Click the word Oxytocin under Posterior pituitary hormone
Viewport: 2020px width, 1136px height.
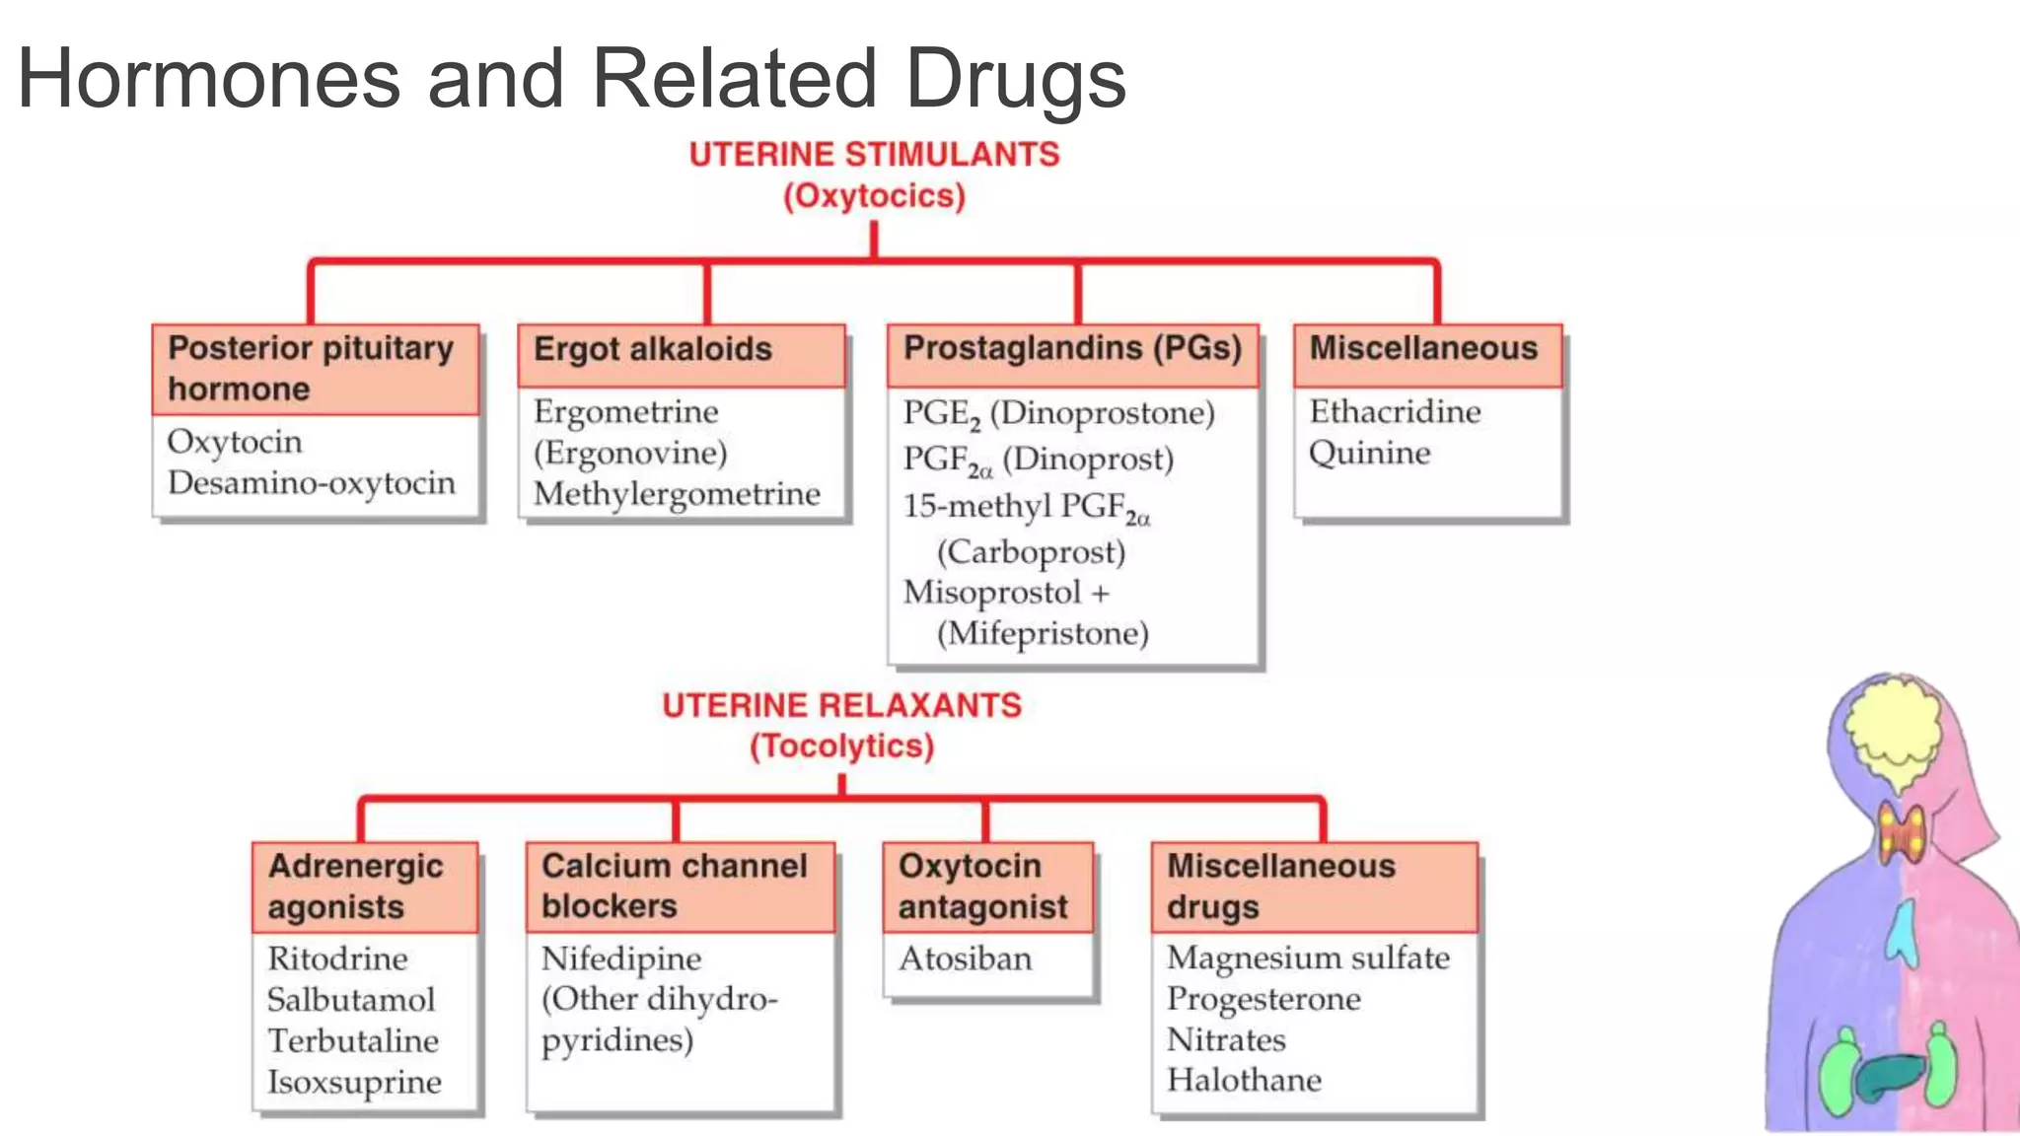pyautogui.click(x=235, y=442)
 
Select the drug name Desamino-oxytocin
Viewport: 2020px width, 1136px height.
pyautogui.click(x=312, y=483)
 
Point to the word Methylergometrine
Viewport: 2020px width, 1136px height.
pyautogui.click(x=677, y=493)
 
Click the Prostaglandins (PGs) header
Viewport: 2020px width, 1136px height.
pyautogui.click(x=1072, y=349)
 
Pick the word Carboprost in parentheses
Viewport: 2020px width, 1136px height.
pyautogui.click(x=1031, y=551)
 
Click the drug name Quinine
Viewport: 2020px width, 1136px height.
pyautogui.click(x=1369, y=454)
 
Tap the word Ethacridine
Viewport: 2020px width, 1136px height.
pyautogui.click(x=1395, y=411)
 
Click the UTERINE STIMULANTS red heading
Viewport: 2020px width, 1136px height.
pyautogui.click(x=874, y=155)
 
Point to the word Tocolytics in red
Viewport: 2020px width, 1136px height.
pyautogui.click(x=841, y=746)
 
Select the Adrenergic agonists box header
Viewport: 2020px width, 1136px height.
pyautogui.click(x=364, y=886)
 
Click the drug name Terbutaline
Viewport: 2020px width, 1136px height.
pyautogui.click(x=353, y=1041)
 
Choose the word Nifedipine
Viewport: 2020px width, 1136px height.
pyautogui.click(x=621, y=958)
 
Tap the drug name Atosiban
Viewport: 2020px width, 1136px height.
pyautogui.click(x=965, y=958)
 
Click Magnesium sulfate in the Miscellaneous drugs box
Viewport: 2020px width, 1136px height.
pyautogui.click(x=1308, y=958)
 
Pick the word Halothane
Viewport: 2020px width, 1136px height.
pyautogui.click(x=1244, y=1081)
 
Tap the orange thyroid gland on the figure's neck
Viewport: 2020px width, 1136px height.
pyautogui.click(x=1901, y=834)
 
